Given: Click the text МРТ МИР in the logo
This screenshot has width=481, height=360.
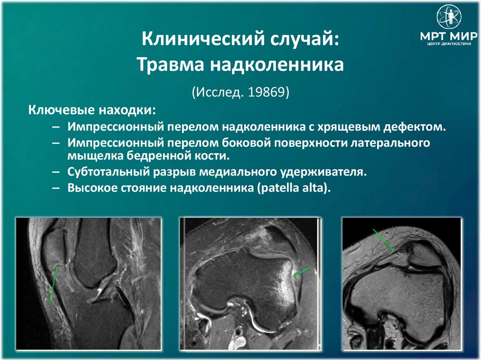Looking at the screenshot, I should click(449, 37).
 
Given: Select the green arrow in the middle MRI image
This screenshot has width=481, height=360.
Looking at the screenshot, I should click(302, 272).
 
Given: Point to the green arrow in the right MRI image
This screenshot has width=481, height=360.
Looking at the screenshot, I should click(383, 240).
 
